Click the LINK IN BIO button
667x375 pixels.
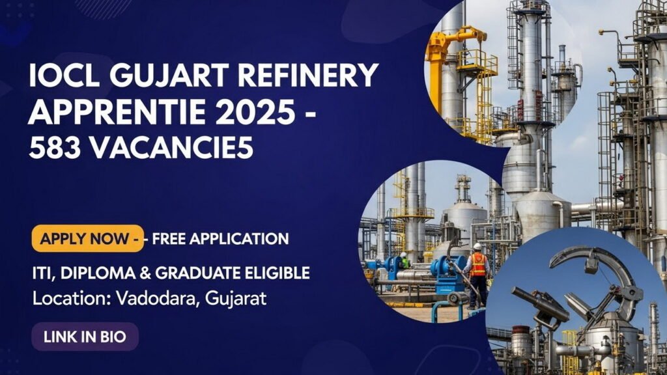(x=84, y=337)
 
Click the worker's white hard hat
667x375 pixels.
(x=477, y=247)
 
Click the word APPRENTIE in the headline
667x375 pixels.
(x=122, y=113)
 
